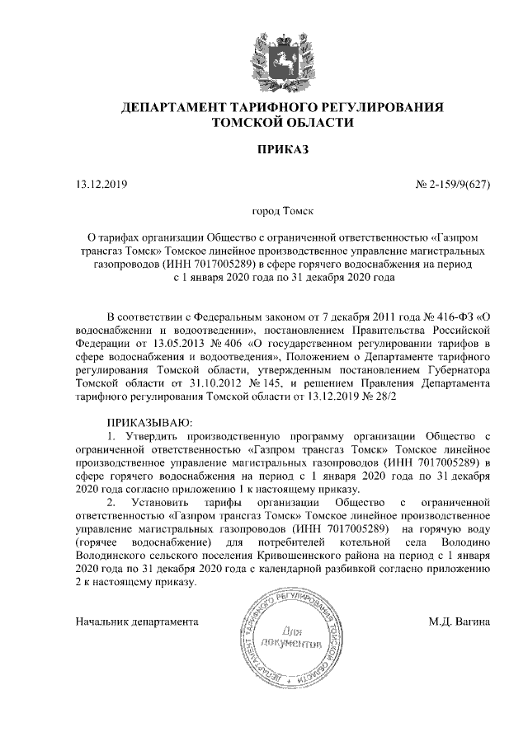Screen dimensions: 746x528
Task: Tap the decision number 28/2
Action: [x=384, y=396]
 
